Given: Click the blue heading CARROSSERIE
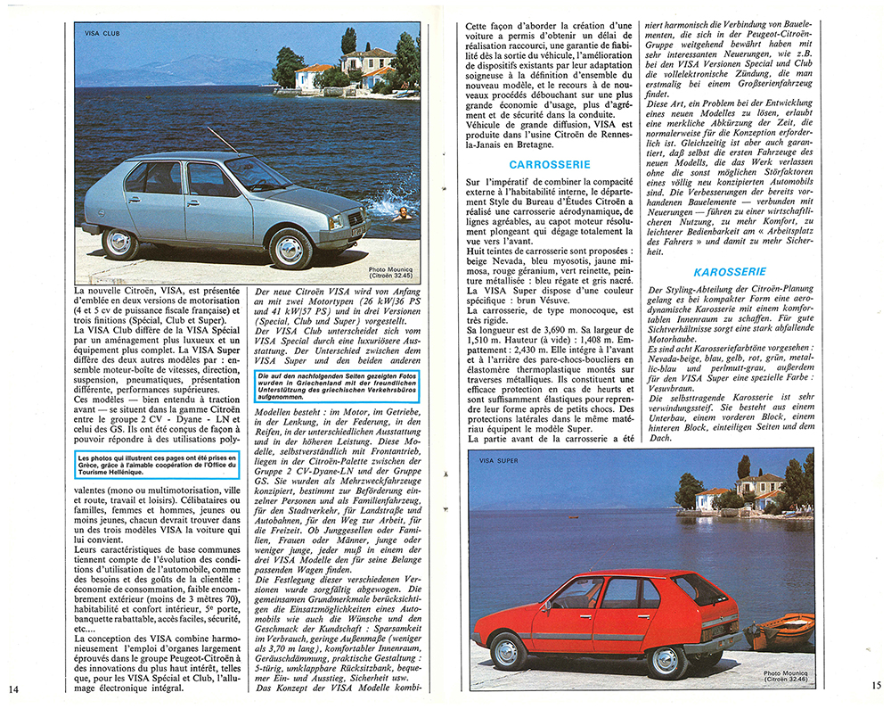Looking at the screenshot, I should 545,164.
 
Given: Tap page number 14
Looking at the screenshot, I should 12,688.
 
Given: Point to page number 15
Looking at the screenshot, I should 877,685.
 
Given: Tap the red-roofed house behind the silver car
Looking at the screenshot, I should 315,75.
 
